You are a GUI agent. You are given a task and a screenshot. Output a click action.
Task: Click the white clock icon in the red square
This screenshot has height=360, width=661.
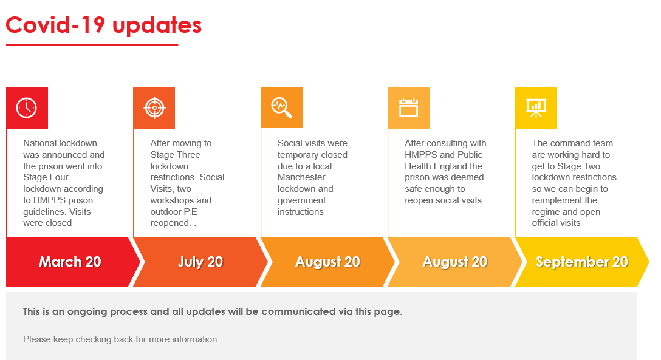pos(27,108)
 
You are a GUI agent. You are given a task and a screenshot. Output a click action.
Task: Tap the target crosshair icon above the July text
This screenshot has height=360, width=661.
pos(154,108)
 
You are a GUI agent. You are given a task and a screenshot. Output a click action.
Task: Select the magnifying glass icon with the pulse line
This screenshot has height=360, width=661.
pos(282,107)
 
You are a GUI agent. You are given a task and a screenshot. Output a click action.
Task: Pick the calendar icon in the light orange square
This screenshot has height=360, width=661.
pos(408,108)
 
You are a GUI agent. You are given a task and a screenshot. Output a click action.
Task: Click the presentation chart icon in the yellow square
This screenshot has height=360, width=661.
pos(536,108)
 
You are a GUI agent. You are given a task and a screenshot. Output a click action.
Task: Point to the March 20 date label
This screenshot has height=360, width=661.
pos(70,262)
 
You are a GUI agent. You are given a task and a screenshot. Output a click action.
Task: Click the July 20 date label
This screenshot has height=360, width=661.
pos(200,262)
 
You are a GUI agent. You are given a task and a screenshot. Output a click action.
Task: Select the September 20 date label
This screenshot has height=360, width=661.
pos(582,262)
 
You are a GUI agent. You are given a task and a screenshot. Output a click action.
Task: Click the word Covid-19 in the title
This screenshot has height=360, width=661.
pos(55,25)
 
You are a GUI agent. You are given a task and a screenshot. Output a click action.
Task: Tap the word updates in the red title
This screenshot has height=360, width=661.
pos(157,25)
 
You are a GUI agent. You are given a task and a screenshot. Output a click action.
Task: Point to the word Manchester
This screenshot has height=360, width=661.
pos(301,177)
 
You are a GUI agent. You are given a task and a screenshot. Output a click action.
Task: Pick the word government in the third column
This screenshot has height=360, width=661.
pos(301,201)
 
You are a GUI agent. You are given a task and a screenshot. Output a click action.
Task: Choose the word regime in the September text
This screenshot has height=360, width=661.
pos(545,212)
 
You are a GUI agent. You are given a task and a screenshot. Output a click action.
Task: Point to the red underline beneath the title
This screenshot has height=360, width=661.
pos(92,45)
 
